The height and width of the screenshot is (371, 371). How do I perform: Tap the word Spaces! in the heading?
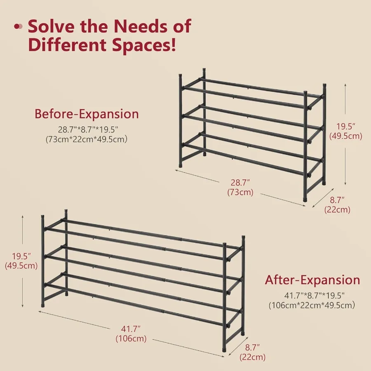(x=144, y=45)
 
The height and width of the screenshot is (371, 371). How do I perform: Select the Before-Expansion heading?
(x=87, y=114)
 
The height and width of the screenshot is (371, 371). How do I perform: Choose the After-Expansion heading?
(x=312, y=280)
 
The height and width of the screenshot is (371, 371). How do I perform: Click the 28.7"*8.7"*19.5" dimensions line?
(x=88, y=130)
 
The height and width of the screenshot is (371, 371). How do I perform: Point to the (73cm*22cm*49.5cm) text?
(x=87, y=139)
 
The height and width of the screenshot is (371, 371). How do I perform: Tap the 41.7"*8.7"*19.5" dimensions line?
(x=315, y=296)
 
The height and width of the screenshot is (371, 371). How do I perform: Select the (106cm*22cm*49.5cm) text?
(x=312, y=305)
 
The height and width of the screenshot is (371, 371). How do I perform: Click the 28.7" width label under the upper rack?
(x=240, y=183)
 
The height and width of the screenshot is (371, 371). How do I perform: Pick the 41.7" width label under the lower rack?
(x=131, y=329)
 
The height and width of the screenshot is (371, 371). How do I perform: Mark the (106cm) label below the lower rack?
(x=131, y=338)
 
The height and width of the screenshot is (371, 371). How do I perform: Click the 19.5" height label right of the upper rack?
(x=346, y=127)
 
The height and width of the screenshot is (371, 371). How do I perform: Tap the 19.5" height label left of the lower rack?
(x=21, y=256)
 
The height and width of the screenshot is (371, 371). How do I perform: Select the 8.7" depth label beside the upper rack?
(x=337, y=200)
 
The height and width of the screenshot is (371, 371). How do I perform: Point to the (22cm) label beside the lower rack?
(x=252, y=357)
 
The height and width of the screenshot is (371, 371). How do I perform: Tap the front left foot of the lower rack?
(x=43, y=305)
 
